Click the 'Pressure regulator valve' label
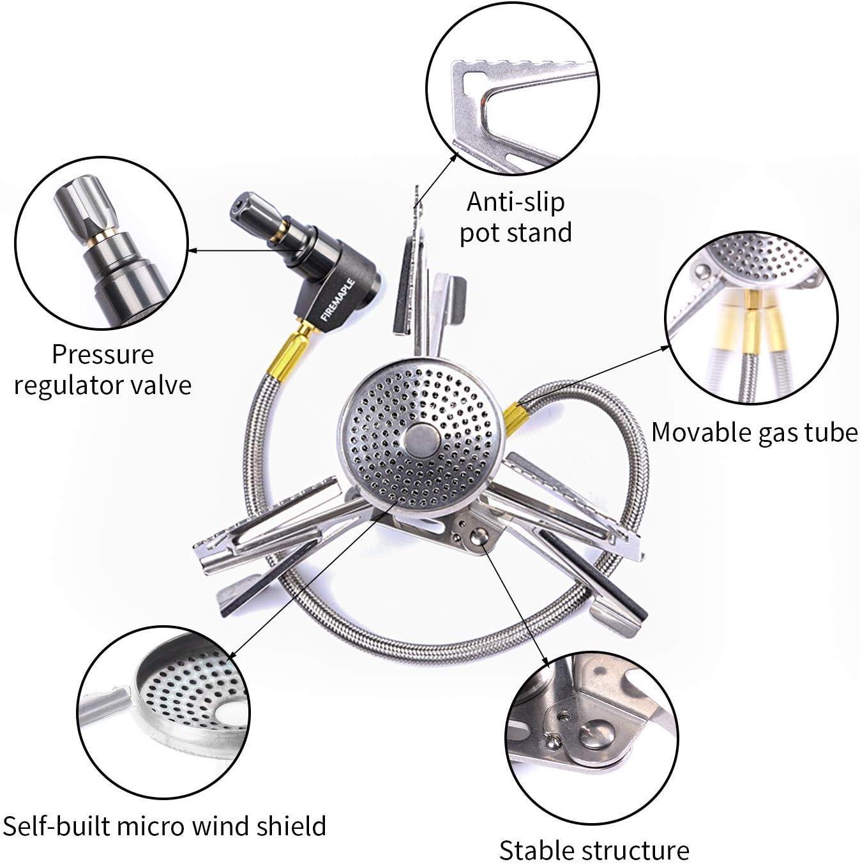coord(103,370)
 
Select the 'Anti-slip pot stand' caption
coord(515,217)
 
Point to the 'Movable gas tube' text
coord(754,432)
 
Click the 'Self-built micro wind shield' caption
coord(165,826)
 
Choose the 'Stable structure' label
coord(594,850)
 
